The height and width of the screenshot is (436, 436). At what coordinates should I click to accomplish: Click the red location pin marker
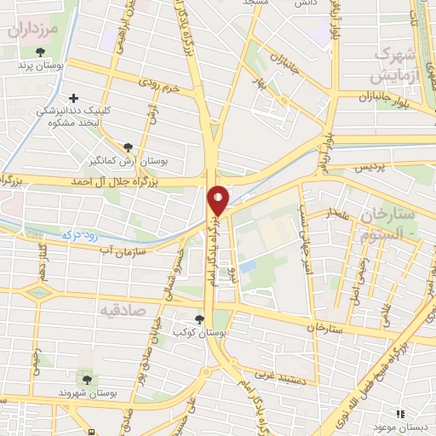point(219,199)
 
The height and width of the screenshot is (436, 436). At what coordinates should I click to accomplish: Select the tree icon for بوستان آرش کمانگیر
point(129,148)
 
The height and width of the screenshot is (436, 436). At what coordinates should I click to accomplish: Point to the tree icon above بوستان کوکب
point(200,318)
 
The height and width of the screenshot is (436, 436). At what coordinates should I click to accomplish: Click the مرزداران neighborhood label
point(37,31)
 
